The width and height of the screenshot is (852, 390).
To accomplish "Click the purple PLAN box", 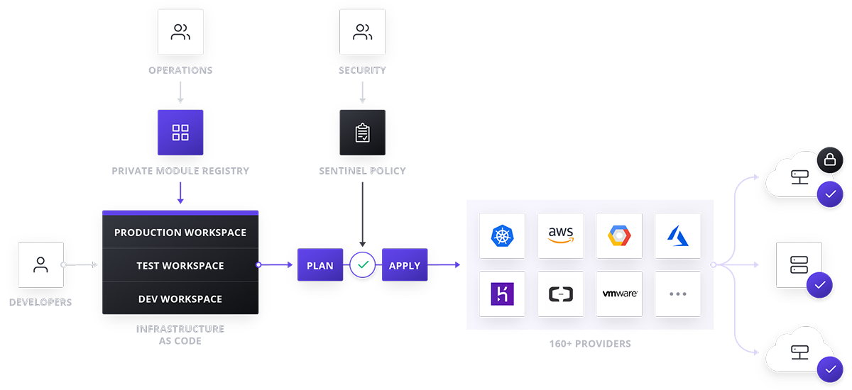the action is click(x=320, y=264).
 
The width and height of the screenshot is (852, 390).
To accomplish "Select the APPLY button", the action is click(x=405, y=264).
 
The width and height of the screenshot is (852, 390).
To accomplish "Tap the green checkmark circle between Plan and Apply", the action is click(x=363, y=264).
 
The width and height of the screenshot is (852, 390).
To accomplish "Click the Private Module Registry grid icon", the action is click(x=180, y=133).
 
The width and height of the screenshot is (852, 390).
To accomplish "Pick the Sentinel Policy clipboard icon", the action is click(x=363, y=133).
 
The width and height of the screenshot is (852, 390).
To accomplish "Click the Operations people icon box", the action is click(x=180, y=32).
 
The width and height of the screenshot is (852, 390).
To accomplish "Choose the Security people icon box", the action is click(x=363, y=32).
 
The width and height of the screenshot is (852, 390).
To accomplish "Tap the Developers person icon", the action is click(x=40, y=264).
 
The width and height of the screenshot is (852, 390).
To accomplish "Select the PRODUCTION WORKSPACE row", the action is click(x=180, y=232).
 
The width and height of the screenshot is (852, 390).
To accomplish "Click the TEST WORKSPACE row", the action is click(x=180, y=265).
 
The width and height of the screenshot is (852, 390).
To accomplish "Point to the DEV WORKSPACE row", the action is click(x=180, y=298).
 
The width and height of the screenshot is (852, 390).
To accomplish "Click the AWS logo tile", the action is click(x=561, y=236).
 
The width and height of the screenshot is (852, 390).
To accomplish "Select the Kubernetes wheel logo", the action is click(x=502, y=236).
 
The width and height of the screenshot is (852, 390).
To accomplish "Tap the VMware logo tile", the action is click(x=619, y=294).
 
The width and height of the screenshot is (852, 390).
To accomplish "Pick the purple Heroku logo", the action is click(x=502, y=294).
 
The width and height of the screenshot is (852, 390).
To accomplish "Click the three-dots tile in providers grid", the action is click(x=678, y=294).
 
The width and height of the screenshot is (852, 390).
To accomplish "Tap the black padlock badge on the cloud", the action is click(x=830, y=160).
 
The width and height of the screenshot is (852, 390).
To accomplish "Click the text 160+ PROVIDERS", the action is click(x=590, y=344).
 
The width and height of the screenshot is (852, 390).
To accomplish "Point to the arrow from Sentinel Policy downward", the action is click(x=363, y=215).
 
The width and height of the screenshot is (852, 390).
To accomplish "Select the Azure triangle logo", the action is click(x=678, y=236).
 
